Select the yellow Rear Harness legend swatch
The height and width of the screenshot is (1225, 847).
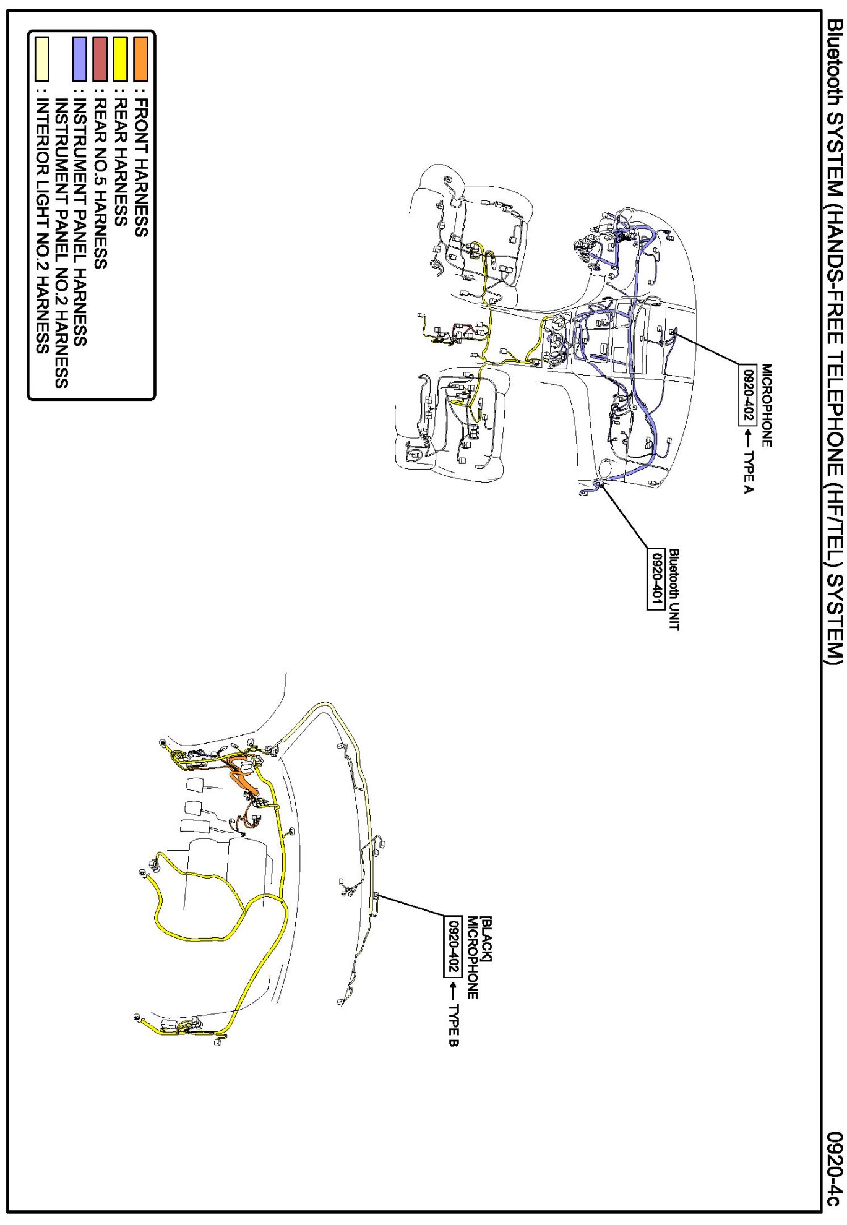tap(121, 59)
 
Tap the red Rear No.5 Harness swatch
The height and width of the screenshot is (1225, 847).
tap(100, 59)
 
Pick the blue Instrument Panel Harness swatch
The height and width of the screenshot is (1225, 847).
tap(80, 59)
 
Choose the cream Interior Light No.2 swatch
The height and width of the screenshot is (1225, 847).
tap(42, 59)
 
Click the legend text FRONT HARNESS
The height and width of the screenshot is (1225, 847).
tap(141, 167)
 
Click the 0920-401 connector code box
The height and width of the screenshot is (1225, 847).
tap(656, 579)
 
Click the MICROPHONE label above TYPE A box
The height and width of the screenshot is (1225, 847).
tap(767, 405)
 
